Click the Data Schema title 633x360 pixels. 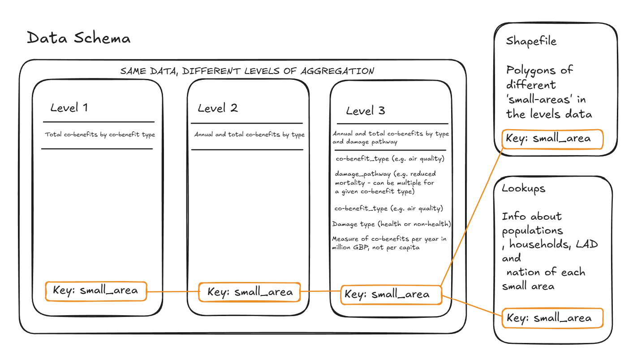[78, 38]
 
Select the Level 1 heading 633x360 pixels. [69, 108]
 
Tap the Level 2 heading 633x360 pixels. [218, 108]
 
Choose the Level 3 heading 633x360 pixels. [365, 111]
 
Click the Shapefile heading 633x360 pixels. [531, 41]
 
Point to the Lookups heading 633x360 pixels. [524, 188]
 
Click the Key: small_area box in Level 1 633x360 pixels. [96, 291]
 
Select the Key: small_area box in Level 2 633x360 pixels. [250, 292]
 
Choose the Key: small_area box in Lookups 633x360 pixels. [552, 318]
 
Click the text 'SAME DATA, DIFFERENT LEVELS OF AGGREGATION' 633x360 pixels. [247, 71]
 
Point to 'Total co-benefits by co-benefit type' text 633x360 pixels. [100, 134]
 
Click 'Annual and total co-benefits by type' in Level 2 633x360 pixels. [249, 134]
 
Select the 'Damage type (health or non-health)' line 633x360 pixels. [392, 224]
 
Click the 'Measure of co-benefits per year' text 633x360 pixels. [389, 243]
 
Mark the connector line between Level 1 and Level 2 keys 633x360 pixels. [173, 291]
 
